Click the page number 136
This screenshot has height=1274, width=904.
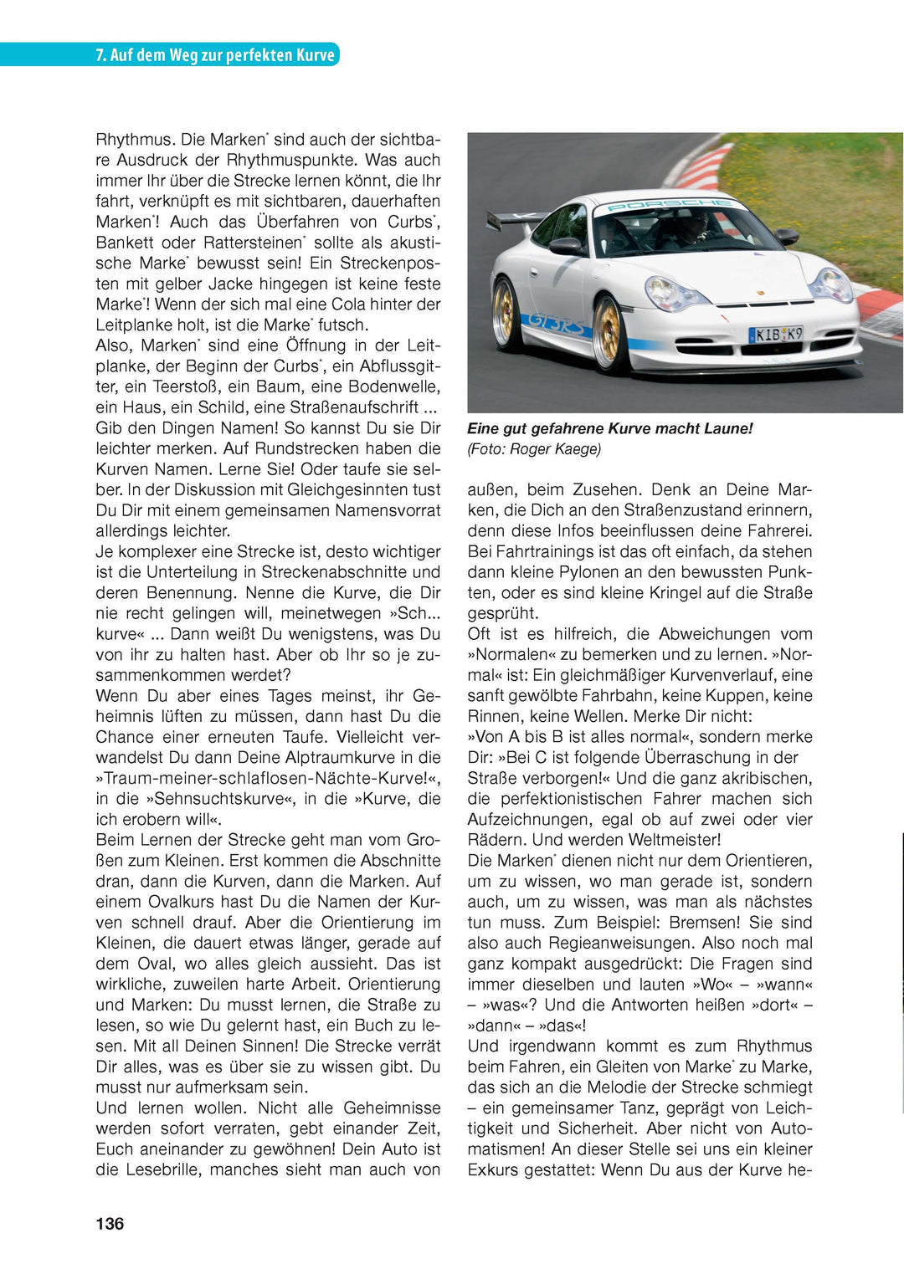(110, 1224)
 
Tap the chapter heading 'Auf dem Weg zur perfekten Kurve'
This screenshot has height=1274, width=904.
(222, 55)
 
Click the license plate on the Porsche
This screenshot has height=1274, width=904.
(775, 335)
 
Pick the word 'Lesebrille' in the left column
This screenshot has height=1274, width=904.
(163, 1169)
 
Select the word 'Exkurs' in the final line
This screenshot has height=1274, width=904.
(491, 1169)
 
